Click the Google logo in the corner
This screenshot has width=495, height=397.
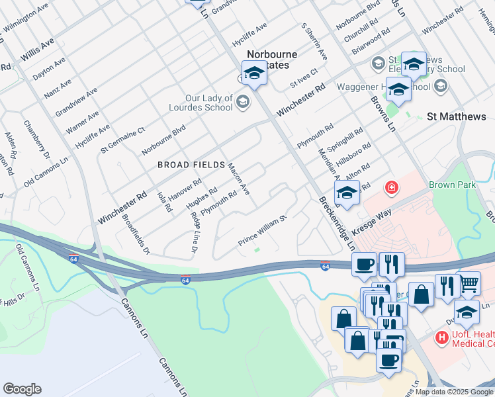(x=22, y=389)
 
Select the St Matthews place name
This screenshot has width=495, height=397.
(x=456, y=116)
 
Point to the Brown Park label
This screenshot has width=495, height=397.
(x=452, y=185)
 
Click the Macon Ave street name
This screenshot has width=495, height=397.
(x=239, y=179)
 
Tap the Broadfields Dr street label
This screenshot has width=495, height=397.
(x=136, y=234)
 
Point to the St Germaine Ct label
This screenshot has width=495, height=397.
(x=122, y=140)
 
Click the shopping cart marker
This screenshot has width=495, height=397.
(x=469, y=283)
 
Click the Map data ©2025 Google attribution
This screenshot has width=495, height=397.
(x=454, y=392)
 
